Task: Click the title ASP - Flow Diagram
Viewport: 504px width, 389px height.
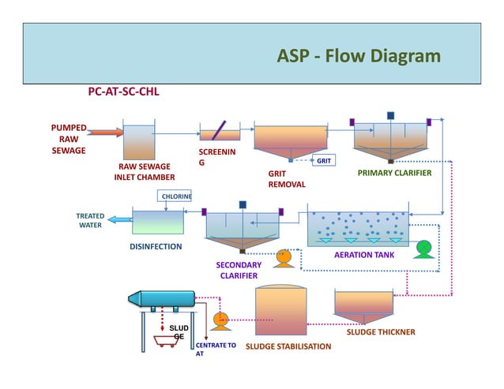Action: [x=359, y=57]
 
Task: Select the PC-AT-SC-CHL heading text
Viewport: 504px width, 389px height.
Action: [x=122, y=92]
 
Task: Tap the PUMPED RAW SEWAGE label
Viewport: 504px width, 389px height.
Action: [x=69, y=139]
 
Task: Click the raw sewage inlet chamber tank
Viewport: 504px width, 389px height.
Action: [x=141, y=142]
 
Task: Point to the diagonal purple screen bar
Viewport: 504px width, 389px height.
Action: [x=219, y=130]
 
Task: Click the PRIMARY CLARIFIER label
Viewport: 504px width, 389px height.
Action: [x=394, y=172]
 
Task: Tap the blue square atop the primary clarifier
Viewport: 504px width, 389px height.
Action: [x=390, y=115]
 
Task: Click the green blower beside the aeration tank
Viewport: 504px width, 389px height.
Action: [x=424, y=248]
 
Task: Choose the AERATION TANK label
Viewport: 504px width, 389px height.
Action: [x=364, y=255]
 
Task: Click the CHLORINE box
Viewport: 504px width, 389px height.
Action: [x=176, y=196]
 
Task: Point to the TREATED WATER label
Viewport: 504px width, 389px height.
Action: [x=90, y=220]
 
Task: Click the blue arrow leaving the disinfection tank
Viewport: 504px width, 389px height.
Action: [x=119, y=220]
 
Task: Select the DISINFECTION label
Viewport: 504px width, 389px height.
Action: [x=156, y=246]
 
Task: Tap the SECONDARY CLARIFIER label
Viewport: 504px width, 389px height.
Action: [x=239, y=270]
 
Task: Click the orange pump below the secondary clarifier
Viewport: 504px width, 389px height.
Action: [x=284, y=257]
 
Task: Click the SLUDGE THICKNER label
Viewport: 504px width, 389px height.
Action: [x=381, y=332]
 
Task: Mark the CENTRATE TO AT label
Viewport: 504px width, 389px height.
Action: [x=215, y=350]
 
